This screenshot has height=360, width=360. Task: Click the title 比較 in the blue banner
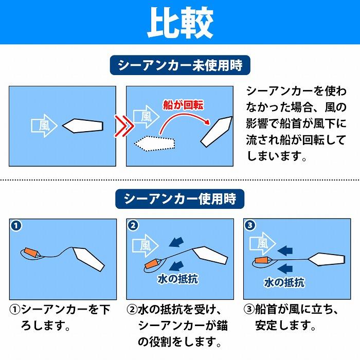(180, 23)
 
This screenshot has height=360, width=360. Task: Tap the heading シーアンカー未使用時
(179, 66)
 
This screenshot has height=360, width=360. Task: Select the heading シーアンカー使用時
(179, 199)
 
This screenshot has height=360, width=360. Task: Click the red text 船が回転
(183, 105)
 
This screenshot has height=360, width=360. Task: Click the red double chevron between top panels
(121, 125)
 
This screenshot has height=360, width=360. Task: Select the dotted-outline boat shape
(155, 142)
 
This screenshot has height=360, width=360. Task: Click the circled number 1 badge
(17, 226)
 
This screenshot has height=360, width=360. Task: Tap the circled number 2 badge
(134, 226)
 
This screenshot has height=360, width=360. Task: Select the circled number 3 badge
(250, 226)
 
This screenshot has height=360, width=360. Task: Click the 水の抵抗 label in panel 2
(177, 279)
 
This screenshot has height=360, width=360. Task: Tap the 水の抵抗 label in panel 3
(284, 282)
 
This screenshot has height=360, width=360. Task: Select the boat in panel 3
(326, 259)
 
